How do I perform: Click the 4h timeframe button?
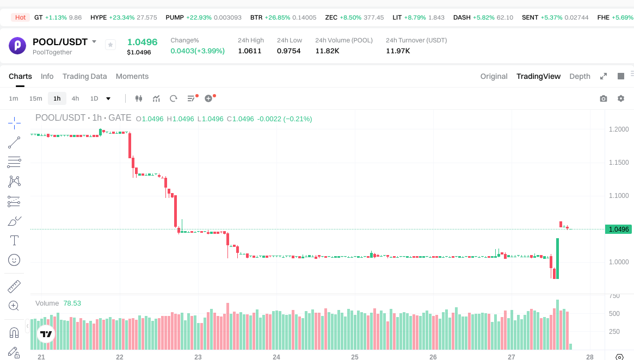[x=75, y=98]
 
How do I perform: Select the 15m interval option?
[x=35, y=98]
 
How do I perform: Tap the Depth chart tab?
[x=580, y=76]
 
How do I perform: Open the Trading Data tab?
[x=84, y=76]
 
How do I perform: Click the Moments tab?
[x=132, y=76]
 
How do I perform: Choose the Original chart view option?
[x=494, y=76]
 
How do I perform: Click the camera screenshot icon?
[x=603, y=98]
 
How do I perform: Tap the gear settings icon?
[x=621, y=98]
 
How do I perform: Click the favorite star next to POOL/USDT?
[x=110, y=45]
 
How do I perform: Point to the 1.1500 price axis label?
[x=618, y=163]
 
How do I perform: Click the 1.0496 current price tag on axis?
[x=619, y=229]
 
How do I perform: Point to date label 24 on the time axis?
[x=276, y=357]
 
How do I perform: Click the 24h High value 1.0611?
[x=250, y=51]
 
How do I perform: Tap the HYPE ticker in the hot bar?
[x=99, y=17]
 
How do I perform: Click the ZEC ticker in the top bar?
[x=331, y=17]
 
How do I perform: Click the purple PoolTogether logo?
[x=17, y=45]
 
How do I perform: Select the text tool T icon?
[x=14, y=240]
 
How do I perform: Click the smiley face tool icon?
[x=14, y=260]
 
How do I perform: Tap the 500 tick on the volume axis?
[x=614, y=314]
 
